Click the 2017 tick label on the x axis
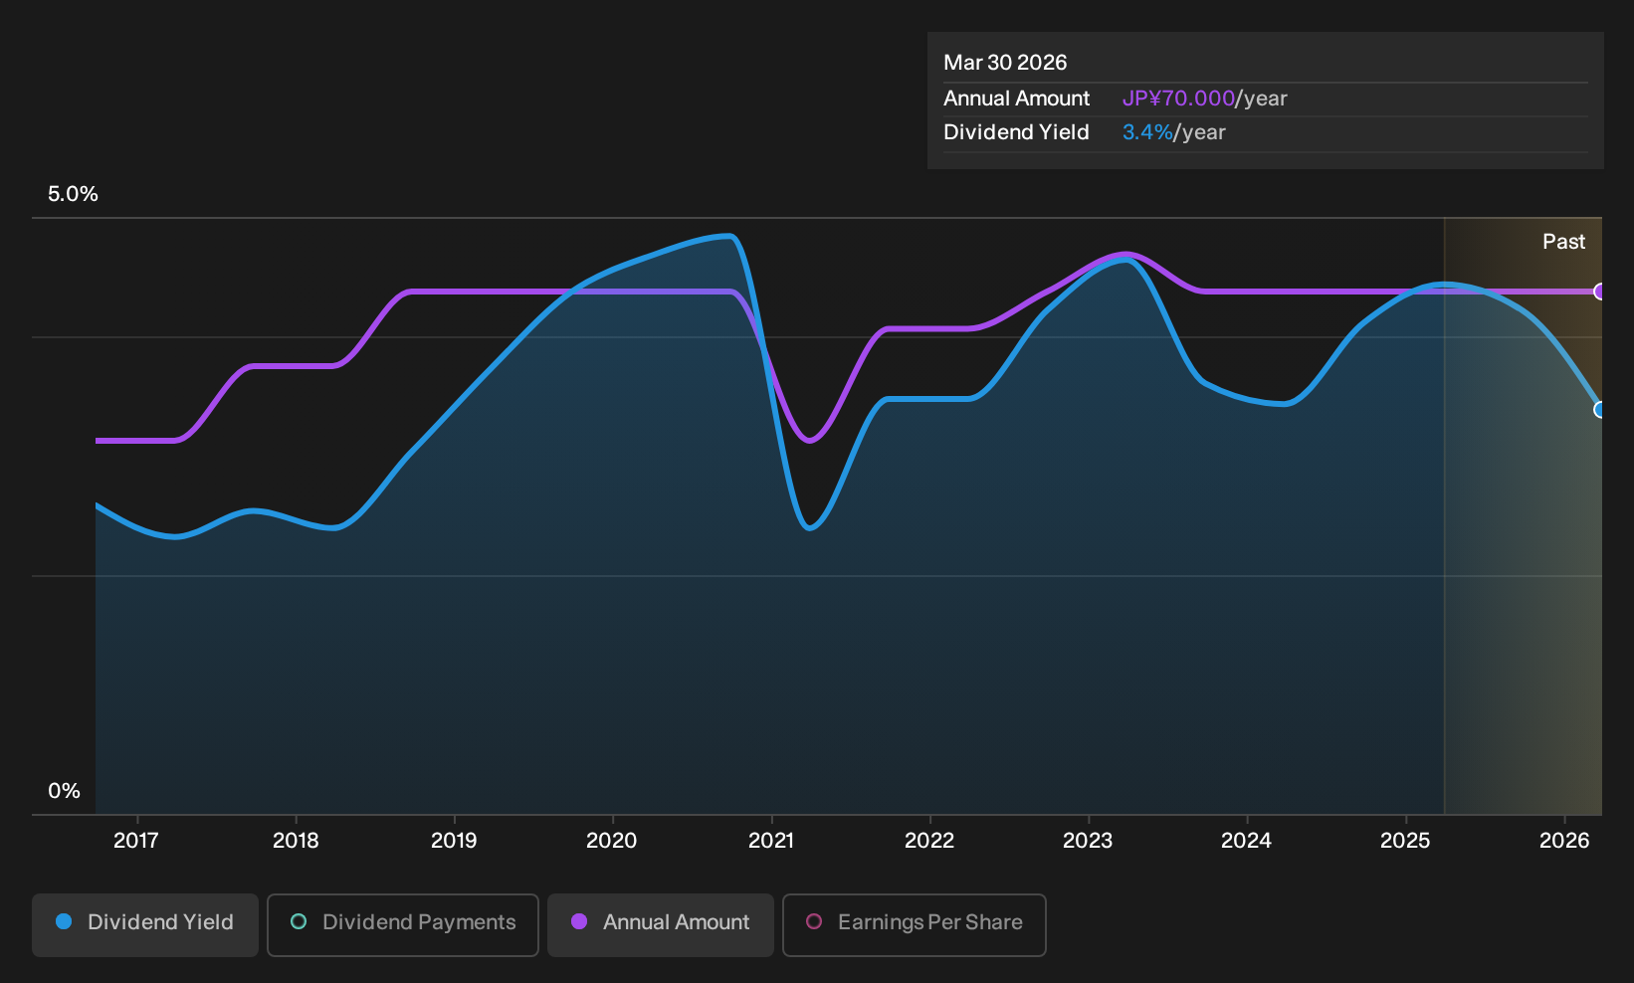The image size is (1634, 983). pyautogui.click(x=136, y=841)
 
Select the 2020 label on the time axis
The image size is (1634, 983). pyautogui.click(x=612, y=841)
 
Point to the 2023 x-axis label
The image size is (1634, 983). pyautogui.click(x=1088, y=841)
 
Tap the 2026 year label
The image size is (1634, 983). pyautogui.click(x=1564, y=841)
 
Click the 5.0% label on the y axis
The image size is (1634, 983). pyautogui.click(x=73, y=194)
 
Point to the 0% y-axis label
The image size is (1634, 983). pyautogui.click(x=65, y=791)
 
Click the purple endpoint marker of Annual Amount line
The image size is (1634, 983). pyautogui.click(x=1599, y=292)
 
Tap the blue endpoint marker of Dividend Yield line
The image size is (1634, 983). pyautogui.click(x=1599, y=409)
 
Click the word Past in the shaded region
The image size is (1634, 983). pyautogui.click(x=1563, y=242)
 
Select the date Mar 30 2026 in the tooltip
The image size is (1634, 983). pyautogui.click(x=1005, y=63)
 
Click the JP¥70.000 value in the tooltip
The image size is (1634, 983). pyautogui.click(x=1178, y=98)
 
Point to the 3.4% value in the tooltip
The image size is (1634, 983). pyautogui.click(x=1147, y=132)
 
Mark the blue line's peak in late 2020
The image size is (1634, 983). pyautogui.click(x=729, y=236)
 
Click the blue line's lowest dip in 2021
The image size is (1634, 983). pyautogui.click(x=810, y=528)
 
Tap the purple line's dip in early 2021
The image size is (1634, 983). pyautogui.click(x=809, y=441)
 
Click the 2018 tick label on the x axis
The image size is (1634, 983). pyautogui.click(x=296, y=841)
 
